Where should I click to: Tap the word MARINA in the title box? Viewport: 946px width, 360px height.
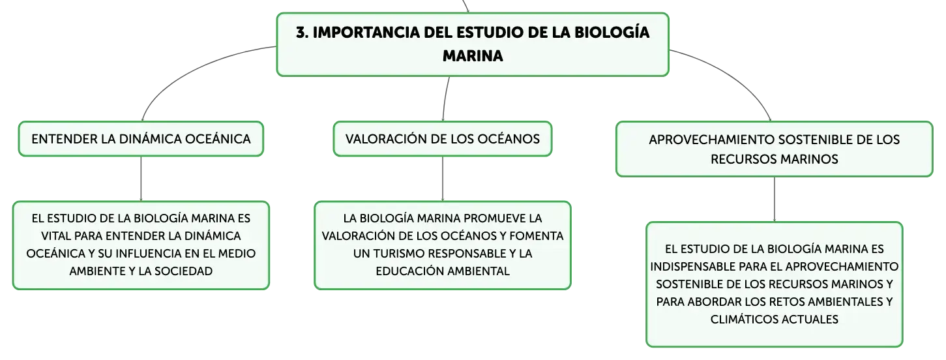[473, 56]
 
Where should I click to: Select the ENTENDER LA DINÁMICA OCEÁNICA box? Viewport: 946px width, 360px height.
[141, 139]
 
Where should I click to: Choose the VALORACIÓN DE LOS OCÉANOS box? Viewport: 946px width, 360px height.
[443, 139]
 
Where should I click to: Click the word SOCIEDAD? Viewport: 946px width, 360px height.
[183, 271]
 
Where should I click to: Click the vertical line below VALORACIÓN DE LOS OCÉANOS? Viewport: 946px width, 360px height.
[443, 179]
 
